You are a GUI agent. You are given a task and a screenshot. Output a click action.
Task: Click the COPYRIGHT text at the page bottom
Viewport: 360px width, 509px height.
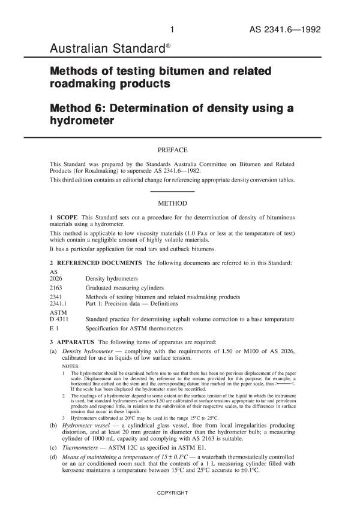tap(172, 493)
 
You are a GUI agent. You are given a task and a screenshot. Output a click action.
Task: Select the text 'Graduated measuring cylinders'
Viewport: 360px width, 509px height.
tap(125, 288)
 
